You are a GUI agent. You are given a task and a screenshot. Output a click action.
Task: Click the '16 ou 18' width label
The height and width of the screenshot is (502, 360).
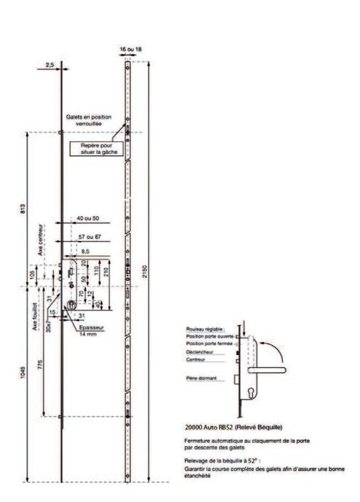click(x=131, y=49)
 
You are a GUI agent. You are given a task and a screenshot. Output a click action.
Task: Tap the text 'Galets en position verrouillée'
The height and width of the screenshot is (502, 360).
click(x=89, y=120)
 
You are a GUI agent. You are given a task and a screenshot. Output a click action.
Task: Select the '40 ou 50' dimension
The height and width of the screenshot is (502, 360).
click(x=88, y=218)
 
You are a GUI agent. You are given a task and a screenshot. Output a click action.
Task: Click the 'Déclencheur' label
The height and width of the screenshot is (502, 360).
click(x=197, y=353)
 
